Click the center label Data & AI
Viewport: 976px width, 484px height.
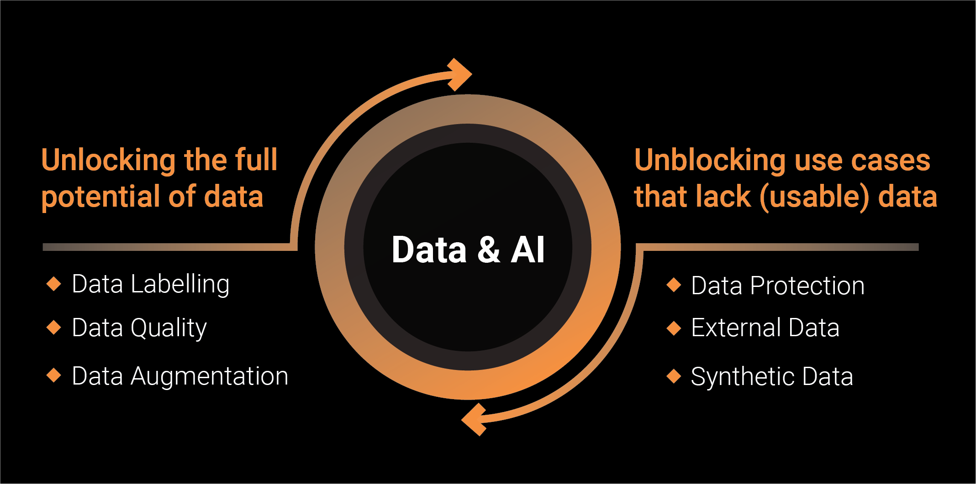tap(468, 250)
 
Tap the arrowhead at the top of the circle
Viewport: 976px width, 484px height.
tap(459, 74)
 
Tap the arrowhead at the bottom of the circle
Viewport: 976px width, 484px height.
tap(475, 419)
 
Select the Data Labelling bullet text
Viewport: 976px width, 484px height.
tap(151, 284)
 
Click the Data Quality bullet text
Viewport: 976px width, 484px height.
tap(139, 328)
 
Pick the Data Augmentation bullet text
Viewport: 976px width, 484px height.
tap(180, 376)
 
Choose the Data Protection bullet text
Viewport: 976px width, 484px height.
tap(778, 286)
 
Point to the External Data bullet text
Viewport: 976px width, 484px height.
tap(765, 328)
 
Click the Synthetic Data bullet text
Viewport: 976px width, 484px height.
tap(772, 377)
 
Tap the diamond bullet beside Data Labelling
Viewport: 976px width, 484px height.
tap(54, 284)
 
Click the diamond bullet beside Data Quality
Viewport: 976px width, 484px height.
tap(54, 328)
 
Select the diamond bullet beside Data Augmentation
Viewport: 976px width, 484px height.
tap(54, 376)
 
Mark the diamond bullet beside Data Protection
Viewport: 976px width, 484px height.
tap(674, 285)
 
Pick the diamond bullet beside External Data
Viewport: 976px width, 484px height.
tap(674, 328)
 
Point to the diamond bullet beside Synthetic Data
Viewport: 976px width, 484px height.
tap(674, 376)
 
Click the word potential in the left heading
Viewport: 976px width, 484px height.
tap(100, 197)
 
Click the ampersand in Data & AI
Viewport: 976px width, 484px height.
tap(489, 250)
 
